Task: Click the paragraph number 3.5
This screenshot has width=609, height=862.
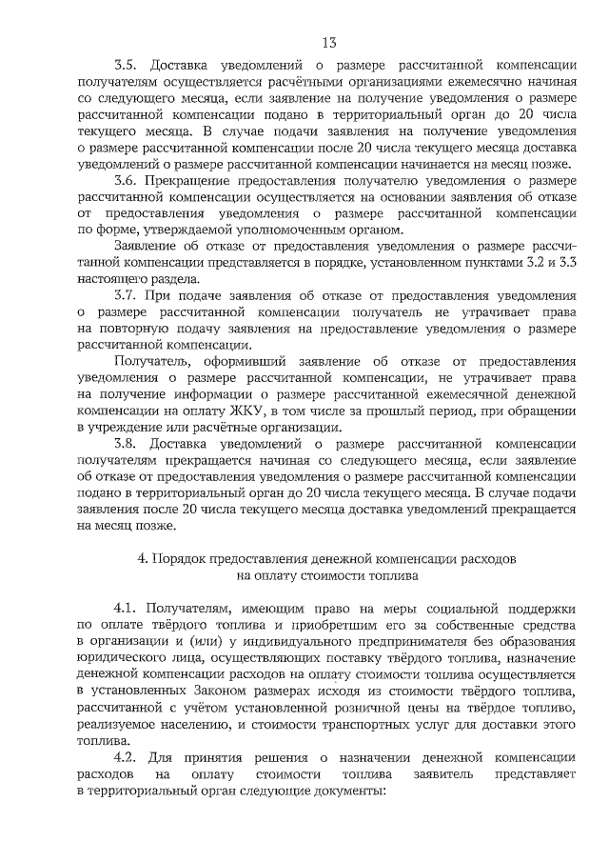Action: pyautogui.click(x=126, y=66)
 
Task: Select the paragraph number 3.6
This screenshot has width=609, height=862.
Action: pyautogui.click(x=126, y=180)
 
